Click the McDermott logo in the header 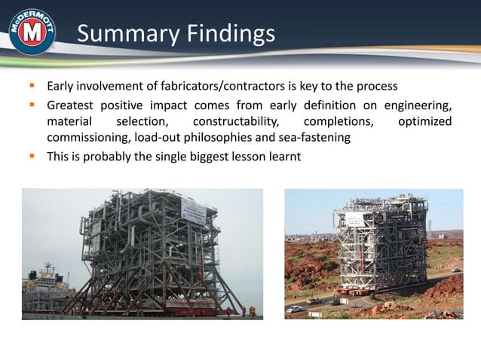pos(32,32)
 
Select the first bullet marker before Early pos(34,86)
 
